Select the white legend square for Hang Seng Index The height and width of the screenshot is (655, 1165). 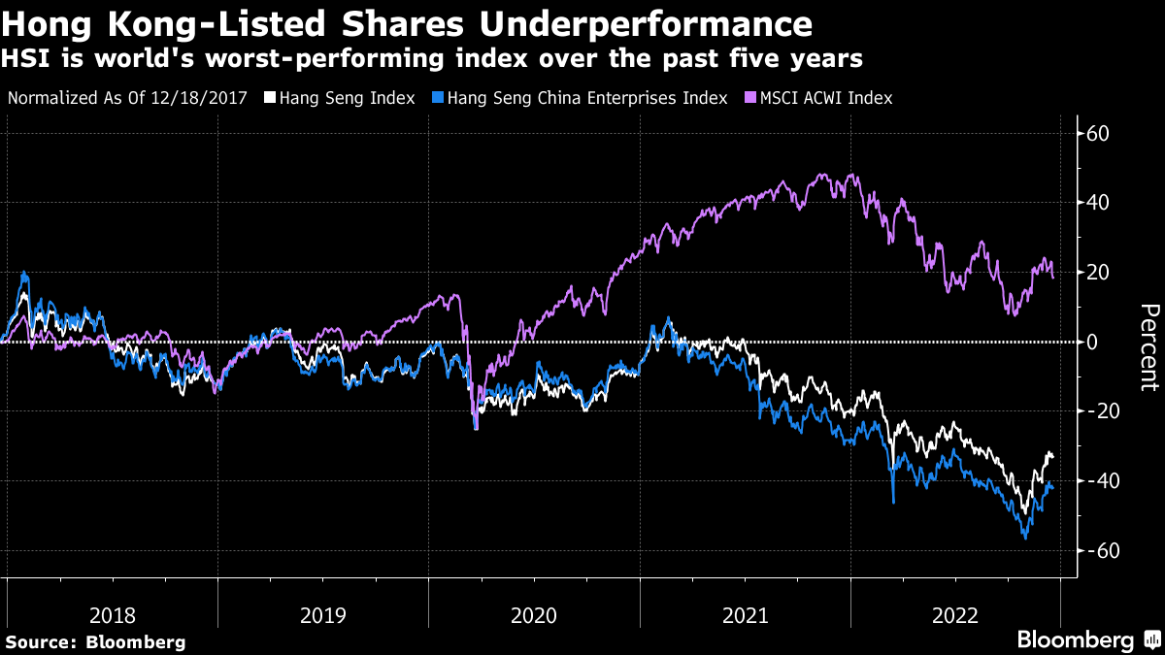click(x=270, y=98)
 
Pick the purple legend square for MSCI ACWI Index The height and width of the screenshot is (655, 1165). click(x=749, y=98)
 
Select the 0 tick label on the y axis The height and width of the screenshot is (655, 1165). click(x=1094, y=342)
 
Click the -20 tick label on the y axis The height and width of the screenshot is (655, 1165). click(x=1104, y=411)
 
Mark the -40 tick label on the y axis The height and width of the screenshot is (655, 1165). click(x=1104, y=481)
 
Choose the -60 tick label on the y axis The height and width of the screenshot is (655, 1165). click(x=1104, y=550)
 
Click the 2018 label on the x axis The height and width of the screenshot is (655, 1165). click(x=113, y=615)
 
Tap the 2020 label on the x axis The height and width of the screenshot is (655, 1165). click(x=534, y=615)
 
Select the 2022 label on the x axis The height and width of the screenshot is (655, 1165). click(x=955, y=615)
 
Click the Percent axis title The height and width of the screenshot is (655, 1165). click(x=1148, y=346)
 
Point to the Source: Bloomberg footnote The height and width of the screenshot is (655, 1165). click(x=95, y=641)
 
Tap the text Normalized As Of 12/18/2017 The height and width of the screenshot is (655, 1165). click(x=128, y=98)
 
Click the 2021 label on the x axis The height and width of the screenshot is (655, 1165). click(x=745, y=615)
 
